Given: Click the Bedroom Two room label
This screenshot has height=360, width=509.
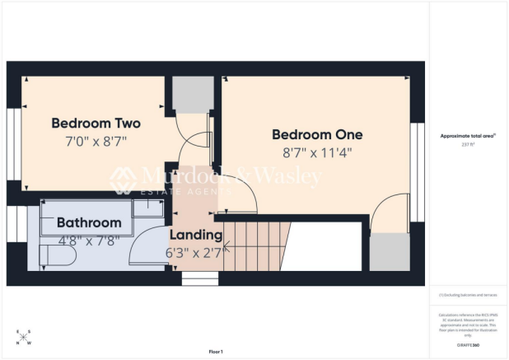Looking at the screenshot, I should click(x=96, y=124).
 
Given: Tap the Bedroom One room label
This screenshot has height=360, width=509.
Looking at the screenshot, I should click(x=317, y=134).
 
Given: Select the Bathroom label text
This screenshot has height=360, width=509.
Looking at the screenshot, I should click(x=89, y=222).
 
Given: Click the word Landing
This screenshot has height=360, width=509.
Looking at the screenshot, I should click(x=196, y=236).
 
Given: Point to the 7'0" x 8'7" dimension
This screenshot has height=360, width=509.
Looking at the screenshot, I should click(x=96, y=141).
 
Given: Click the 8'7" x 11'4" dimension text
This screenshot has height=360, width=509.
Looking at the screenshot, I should click(x=317, y=152).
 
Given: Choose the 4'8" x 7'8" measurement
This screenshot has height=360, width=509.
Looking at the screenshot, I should click(x=89, y=241).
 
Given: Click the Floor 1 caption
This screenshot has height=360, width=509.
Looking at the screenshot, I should click(x=216, y=352).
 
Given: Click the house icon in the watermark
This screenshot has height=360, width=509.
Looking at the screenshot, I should click(x=123, y=178).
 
